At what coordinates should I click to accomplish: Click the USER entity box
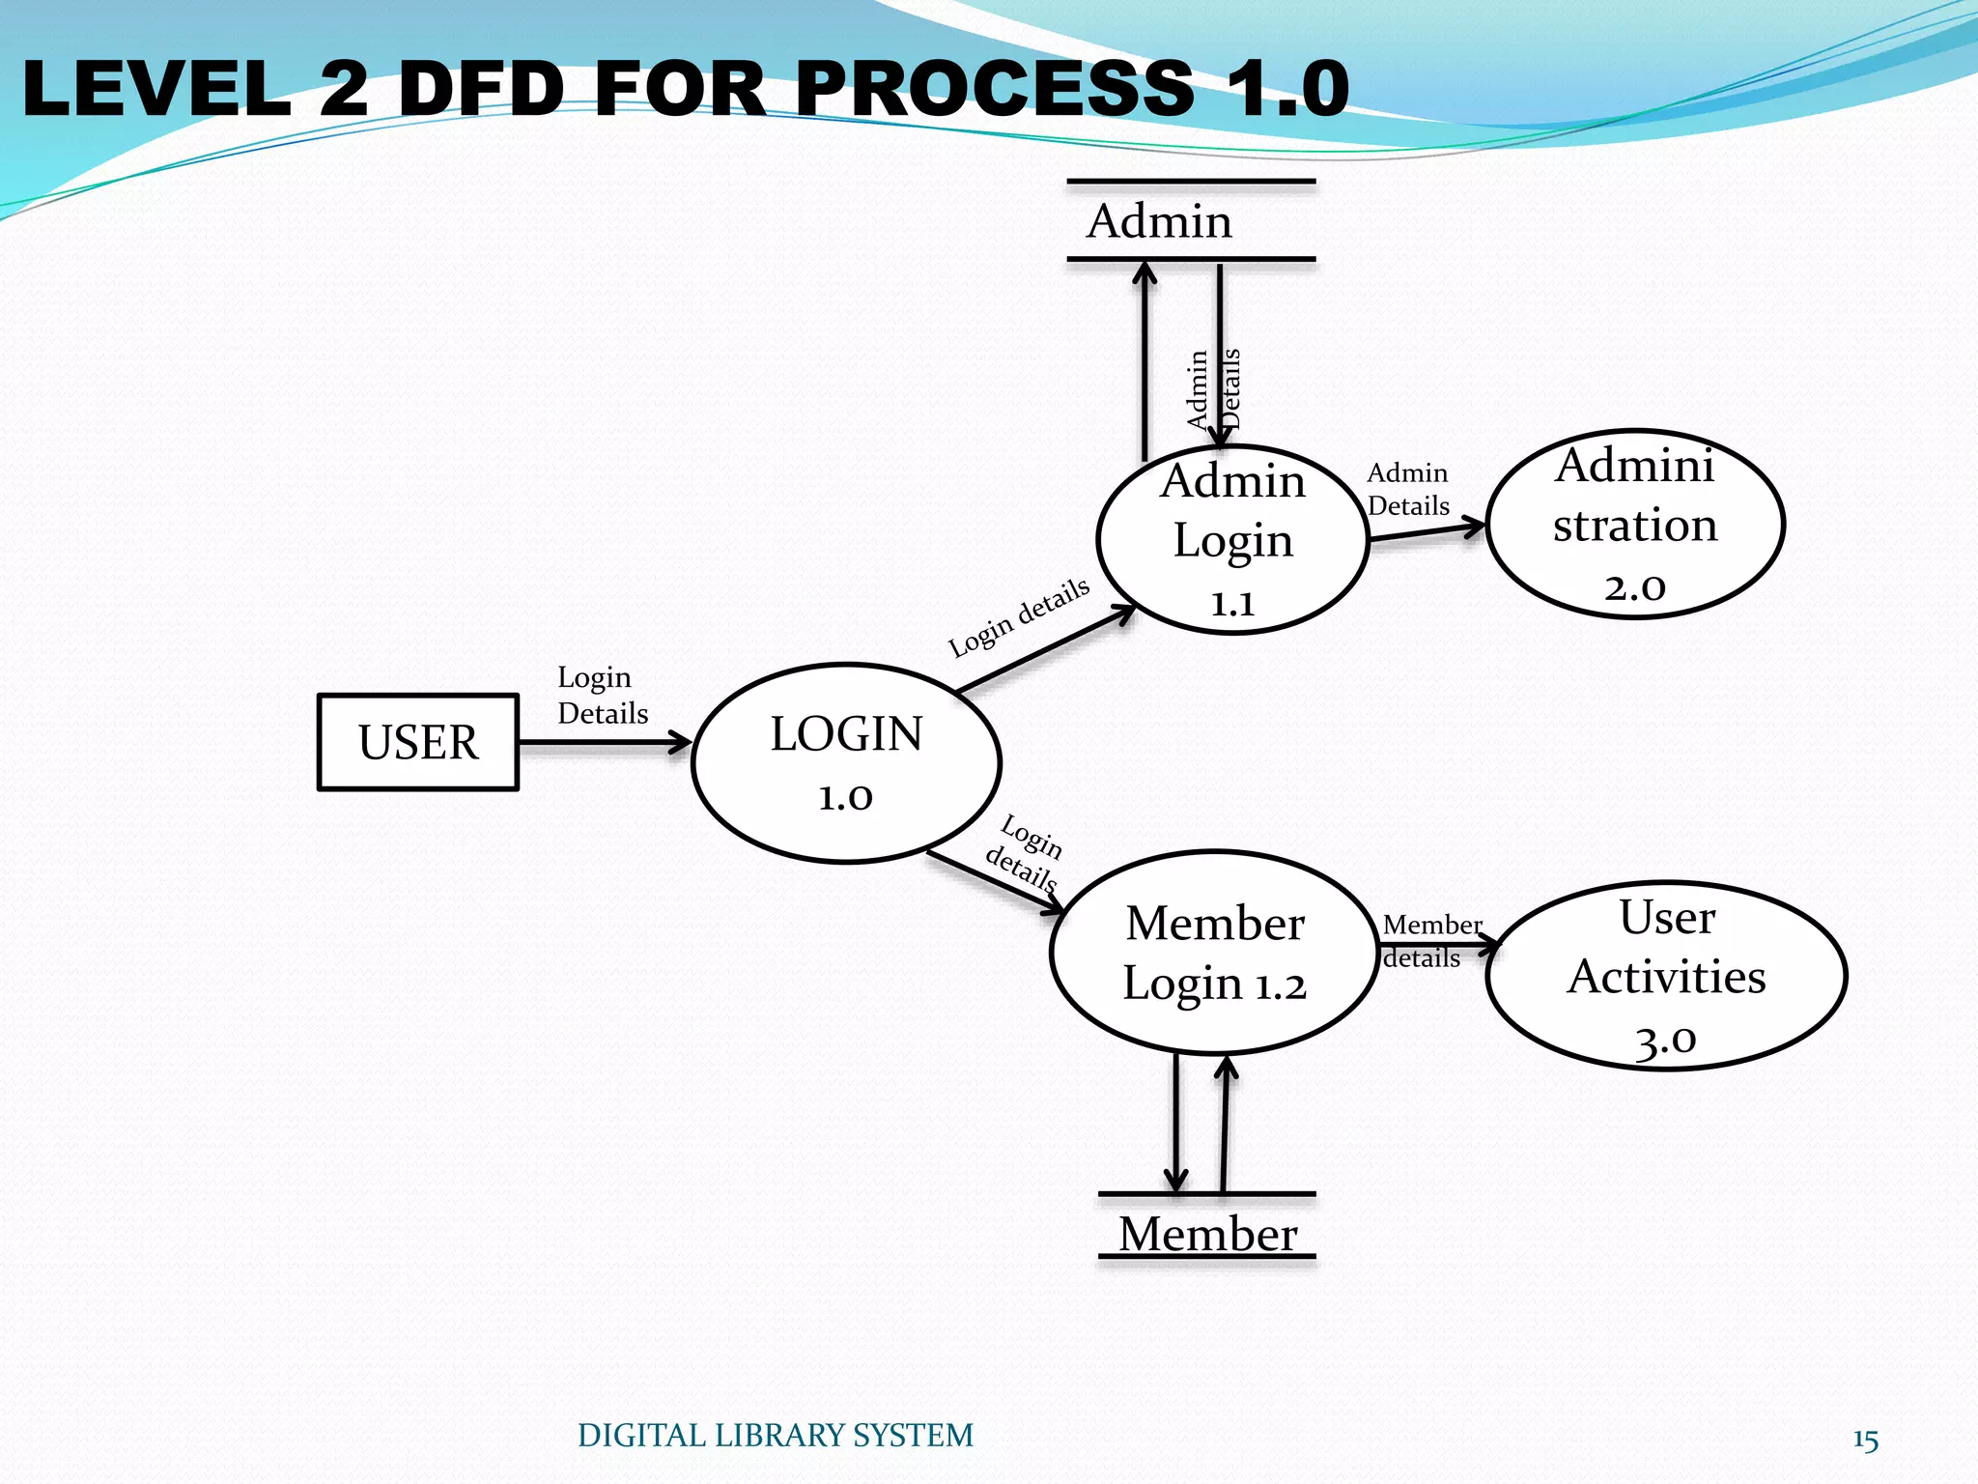(x=417, y=742)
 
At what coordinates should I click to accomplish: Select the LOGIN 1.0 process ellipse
(x=846, y=762)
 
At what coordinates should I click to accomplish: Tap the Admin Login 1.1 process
(x=1232, y=540)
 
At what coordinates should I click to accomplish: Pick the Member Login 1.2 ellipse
(x=1214, y=953)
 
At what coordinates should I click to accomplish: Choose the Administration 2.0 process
(x=1634, y=525)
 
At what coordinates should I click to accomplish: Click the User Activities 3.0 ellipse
(x=1666, y=976)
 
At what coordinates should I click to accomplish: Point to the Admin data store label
(x=1159, y=221)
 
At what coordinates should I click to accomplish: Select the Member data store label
(x=1207, y=1234)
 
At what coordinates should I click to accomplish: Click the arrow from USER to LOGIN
(x=604, y=742)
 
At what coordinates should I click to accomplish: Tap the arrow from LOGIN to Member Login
(x=995, y=882)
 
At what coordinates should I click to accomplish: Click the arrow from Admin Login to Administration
(x=1427, y=531)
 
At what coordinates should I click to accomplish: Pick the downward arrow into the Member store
(x=1175, y=1121)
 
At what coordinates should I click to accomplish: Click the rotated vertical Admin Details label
(x=1213, y=389)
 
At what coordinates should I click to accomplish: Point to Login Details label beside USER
(x=601, y=696)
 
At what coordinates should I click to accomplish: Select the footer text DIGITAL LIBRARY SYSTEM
(x=775, y=1436)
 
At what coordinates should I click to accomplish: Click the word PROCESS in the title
(x=995, y=89)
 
